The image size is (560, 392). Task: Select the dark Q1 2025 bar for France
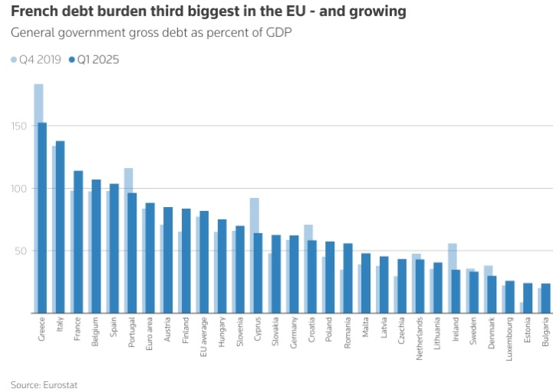[x=78, y=242]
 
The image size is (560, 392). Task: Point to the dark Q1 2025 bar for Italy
[x=60, y=226]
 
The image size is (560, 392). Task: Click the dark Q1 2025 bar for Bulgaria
[x=545, y=298]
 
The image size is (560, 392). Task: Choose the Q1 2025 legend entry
[x=94, y=59]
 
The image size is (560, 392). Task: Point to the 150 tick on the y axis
[x=18, y=126]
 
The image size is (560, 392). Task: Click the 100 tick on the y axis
[x=18, y=189]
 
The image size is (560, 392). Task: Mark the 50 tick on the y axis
[x=21, y=251]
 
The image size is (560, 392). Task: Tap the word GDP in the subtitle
[x=279, y=33]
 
